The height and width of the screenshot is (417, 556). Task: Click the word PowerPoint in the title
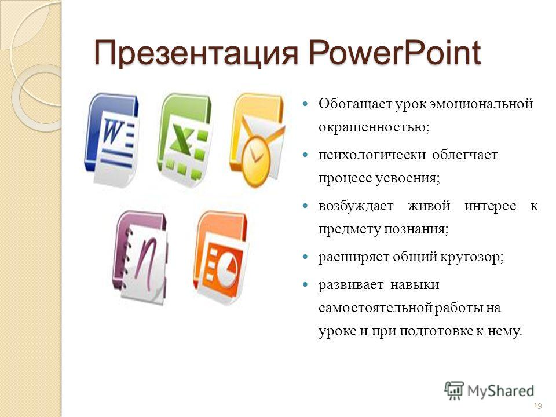[x=394, y=53]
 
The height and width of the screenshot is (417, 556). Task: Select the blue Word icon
[x=111, y=140]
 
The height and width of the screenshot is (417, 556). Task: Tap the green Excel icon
[x=184, y=140]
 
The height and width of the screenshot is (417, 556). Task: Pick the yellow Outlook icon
[x=257, y=140]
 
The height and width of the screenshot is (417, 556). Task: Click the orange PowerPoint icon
[x=221, y=257]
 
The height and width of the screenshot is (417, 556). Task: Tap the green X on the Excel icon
[x=182, y=140]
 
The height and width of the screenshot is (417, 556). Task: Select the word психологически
[x=372, y=155]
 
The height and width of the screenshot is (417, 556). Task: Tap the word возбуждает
[x=356, y=206]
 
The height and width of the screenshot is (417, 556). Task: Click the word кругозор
[x=470, y=257]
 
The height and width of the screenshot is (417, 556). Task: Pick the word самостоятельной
[x=375, y=308]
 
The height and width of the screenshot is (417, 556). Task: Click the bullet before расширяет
[x=305, y=257]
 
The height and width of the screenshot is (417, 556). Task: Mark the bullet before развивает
[x=305, y=284]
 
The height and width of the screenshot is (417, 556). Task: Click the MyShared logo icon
[x=454, y=390]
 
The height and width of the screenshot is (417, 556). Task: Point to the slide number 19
[x=537, y=405]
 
